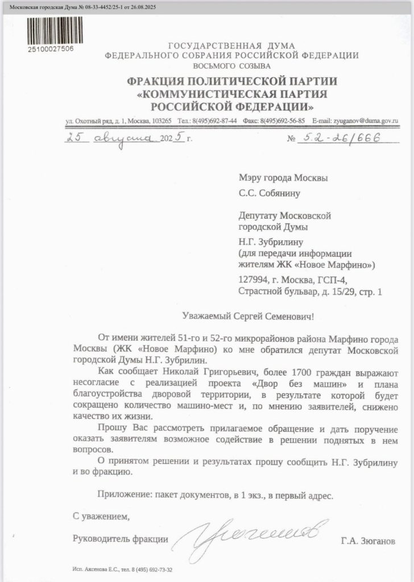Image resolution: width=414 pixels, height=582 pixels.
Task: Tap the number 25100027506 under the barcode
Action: click(x=51, y=48)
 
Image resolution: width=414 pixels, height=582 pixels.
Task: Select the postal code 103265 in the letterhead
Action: click(x=163, y=120)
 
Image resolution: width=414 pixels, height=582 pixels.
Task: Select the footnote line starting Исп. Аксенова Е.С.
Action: click(x=123, y=569)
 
